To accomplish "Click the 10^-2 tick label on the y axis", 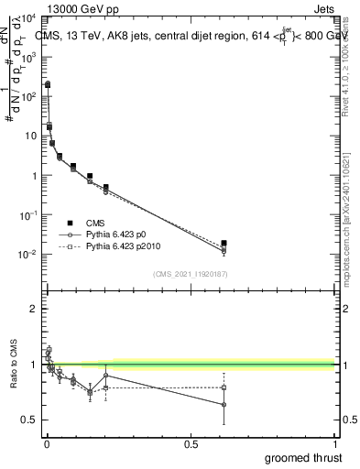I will click(x=27, y=255).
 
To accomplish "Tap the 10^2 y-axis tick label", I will click(x=27, y=96).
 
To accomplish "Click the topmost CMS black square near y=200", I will click(x=48, y=83).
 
